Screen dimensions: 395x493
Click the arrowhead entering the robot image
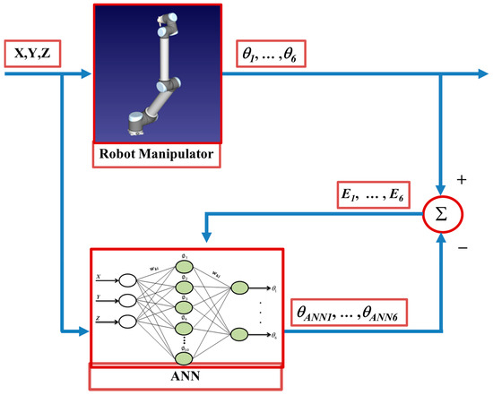click(87, 73)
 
